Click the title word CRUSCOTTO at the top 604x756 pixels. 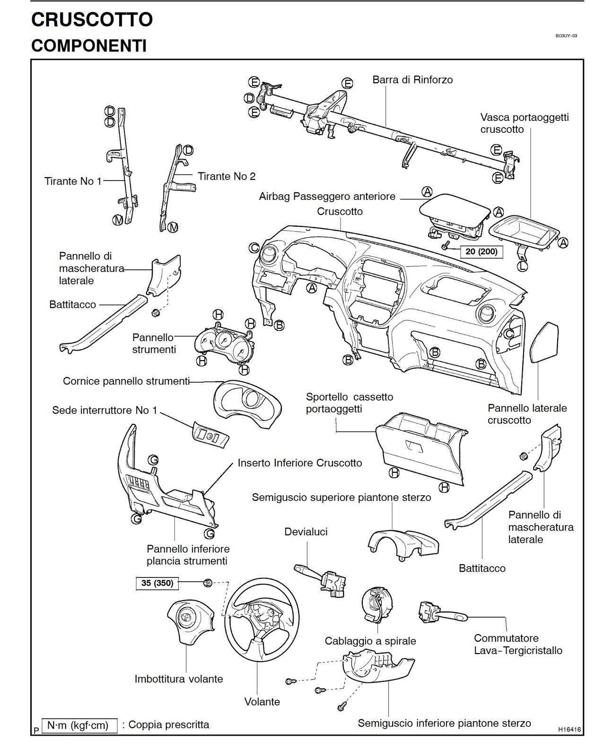click(92, 19)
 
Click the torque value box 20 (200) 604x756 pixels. click(481, 251)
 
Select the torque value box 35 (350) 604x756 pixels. click(157, 583)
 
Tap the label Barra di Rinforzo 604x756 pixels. click(412, 80)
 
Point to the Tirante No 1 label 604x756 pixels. click(73, 181)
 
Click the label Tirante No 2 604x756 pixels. click(227, 176)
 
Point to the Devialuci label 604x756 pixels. click(306, 532)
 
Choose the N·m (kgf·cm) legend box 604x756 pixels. click(79, 725)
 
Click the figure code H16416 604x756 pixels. click(569, 730)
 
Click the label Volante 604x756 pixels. click(262, 702)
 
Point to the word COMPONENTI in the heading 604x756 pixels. click(88, 46)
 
